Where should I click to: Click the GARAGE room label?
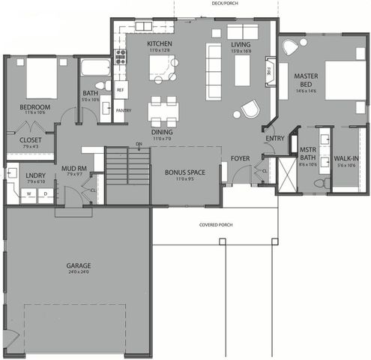click(77, 265)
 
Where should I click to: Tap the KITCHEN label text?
click(160, 44)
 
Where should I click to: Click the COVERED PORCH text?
click(215, 225)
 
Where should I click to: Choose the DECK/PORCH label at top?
click(225, 4)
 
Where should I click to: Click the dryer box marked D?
click(44, 193)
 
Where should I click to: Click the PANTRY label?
click(124, 110)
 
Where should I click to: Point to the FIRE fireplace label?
click(268, 71)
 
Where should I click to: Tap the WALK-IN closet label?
click(346, 158)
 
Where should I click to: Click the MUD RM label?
click(72, 168)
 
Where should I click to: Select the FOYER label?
click(240, 158)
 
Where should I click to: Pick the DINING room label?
click(163, 133)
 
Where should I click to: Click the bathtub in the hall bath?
click(95, 68)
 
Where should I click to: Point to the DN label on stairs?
click(139, 144)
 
